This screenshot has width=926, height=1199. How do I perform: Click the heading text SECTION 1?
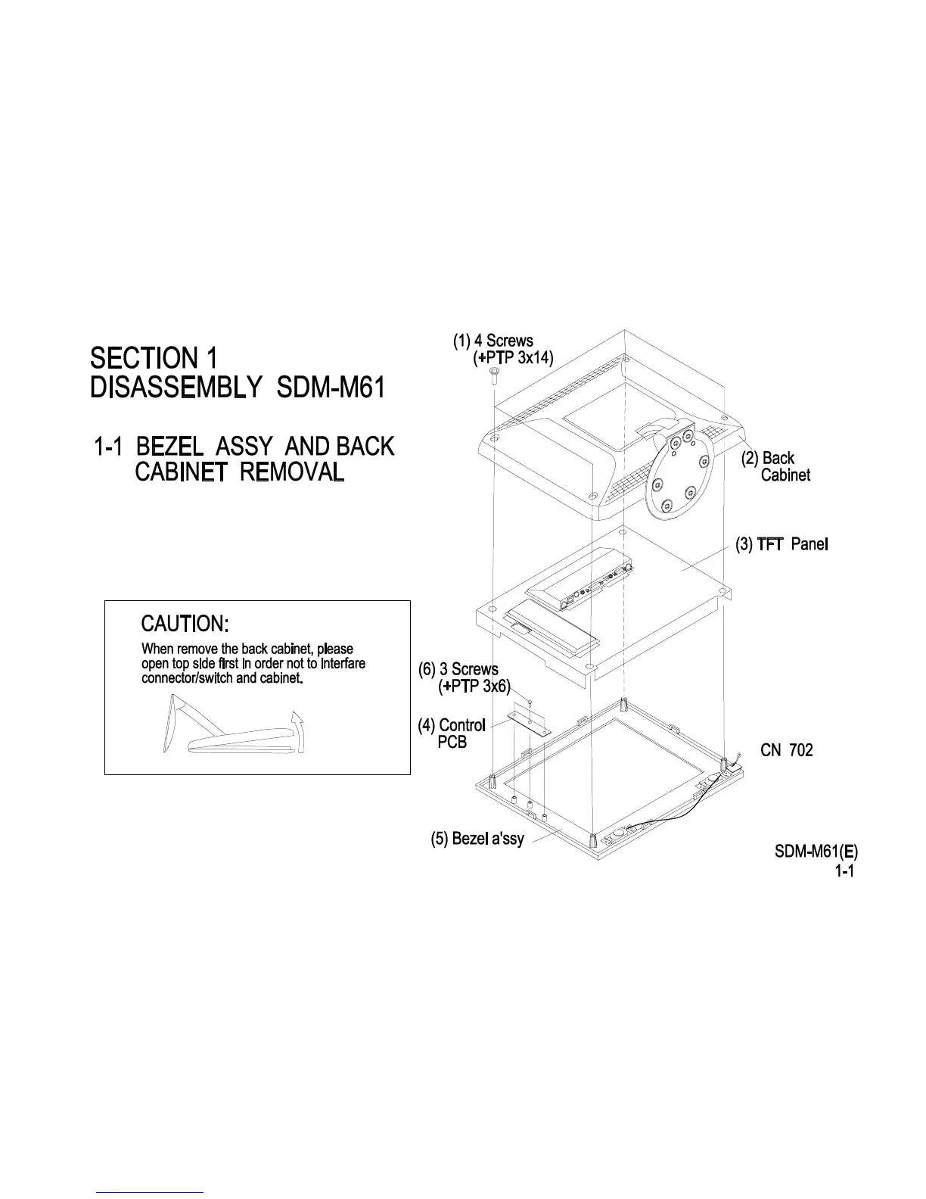(x=154, y=357)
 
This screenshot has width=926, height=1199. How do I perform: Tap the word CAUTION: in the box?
(x=185, y=624)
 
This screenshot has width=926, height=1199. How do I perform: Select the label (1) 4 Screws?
(x=493, y=341)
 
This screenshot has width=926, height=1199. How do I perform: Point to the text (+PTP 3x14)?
(x=513, y=359)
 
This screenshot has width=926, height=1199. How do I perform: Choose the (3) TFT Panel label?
(x=782, y=544)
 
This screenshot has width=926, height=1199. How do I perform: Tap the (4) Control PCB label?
(x=452, y=733)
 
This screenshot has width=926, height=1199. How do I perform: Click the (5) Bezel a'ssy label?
(x=477, y=839)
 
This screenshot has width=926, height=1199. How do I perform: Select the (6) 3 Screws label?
(x=458, y=670)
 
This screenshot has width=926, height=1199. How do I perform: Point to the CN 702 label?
(x=786, y=751)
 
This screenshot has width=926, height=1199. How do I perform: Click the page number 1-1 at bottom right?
(x=844, y=871)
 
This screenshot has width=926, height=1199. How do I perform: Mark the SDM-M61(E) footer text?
(x=816, y=853)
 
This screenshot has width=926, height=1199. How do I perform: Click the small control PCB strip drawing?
(x=530, y=721)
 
